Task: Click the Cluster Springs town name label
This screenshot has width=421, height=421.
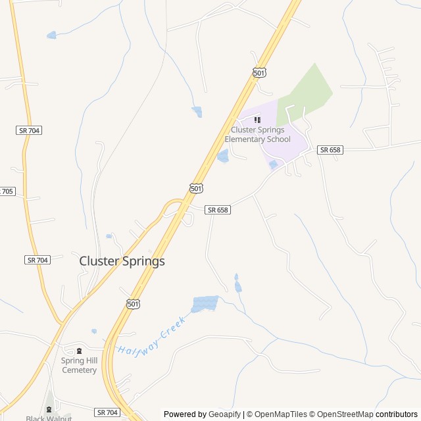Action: [x=122, y=261]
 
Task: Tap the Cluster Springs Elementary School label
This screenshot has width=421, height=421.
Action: [x=257, y=134]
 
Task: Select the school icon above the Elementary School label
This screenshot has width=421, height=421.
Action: [x=257, y=120]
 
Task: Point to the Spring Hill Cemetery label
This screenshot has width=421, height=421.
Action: [x=79, y=365]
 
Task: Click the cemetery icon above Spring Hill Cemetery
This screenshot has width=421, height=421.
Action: [x=79, y=351]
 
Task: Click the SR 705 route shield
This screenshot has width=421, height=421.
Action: [x=6, y=191]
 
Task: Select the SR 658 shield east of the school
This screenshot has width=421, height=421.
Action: [x=330, y=150]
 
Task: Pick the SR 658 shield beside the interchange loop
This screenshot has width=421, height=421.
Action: [x=217, y=210]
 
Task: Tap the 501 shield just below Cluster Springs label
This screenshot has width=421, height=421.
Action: [x=133, y=303]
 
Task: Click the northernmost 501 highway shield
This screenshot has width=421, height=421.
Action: [x=259, y=73]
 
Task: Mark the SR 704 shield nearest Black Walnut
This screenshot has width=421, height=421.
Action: [x=107, y=412]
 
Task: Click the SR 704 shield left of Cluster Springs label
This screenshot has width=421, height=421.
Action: [x=37, y=260]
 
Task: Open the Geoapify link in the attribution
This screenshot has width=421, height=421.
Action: [x=224, y=414]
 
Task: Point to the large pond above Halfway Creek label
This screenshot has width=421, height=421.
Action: [x=205, y=303]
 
